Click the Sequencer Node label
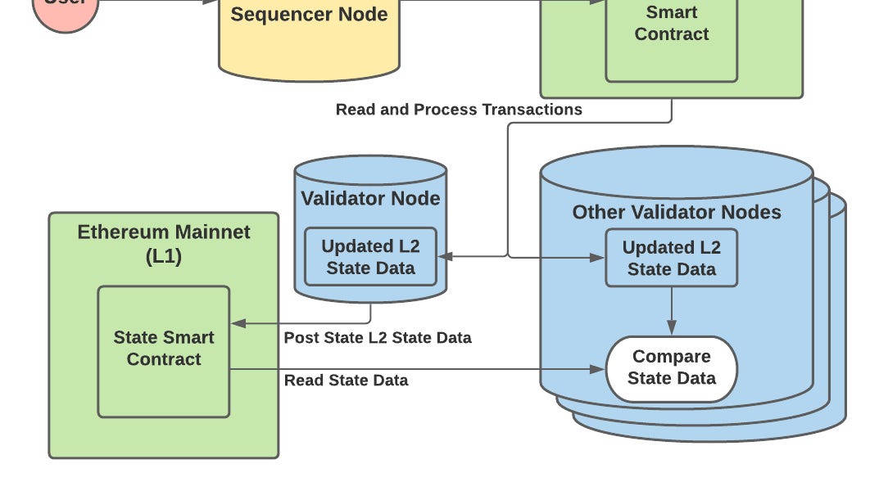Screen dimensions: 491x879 [309, 15]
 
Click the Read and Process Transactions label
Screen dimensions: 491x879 [459, 110]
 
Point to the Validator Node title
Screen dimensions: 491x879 [370, 199]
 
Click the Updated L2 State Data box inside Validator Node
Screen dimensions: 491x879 [370, 257]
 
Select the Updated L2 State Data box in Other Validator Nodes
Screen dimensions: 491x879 [672, 258]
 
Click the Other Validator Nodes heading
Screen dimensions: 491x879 [677, 213]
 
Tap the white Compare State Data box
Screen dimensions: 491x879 [672, 368]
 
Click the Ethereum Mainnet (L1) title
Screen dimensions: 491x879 [164, 243]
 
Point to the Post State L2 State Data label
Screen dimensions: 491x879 [378, 338]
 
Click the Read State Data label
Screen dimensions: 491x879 [346, 381]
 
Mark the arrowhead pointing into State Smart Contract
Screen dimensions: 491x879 [238, 323]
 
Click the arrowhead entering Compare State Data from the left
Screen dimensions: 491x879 [598, 370]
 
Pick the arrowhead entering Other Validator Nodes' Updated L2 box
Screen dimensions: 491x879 [598, 258]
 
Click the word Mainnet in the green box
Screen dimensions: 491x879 [210, 232]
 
